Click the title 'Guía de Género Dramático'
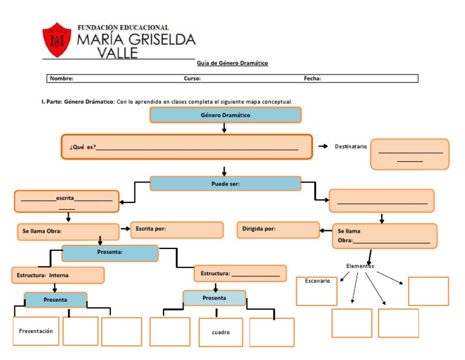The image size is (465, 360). (x=232, y=63)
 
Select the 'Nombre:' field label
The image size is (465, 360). (x=62, y=78)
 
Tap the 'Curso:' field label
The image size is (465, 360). (x=193, y=78)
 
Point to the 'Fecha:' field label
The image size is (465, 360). (x=312, y=78)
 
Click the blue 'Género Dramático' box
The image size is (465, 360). (x=225, y=115)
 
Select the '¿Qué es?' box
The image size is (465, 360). (x=186, y=147)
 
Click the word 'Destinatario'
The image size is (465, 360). (x=351, y=147)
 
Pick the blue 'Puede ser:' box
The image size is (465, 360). (x=225, y=184)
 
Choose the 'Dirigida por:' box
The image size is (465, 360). (x=278, y=230)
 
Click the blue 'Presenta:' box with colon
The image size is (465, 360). (x=110, y=253)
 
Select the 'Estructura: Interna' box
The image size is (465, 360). (x=58, y=275)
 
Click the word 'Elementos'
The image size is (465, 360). (x=360, y=266)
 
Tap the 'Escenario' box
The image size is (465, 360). (x=317, y=291)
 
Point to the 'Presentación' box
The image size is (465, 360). (x=36, y=331)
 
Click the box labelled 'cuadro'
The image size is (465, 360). (x=220, y=332)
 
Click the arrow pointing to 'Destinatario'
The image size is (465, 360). (x=323, y=147)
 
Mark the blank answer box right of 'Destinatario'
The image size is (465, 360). (x=409, y=154)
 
